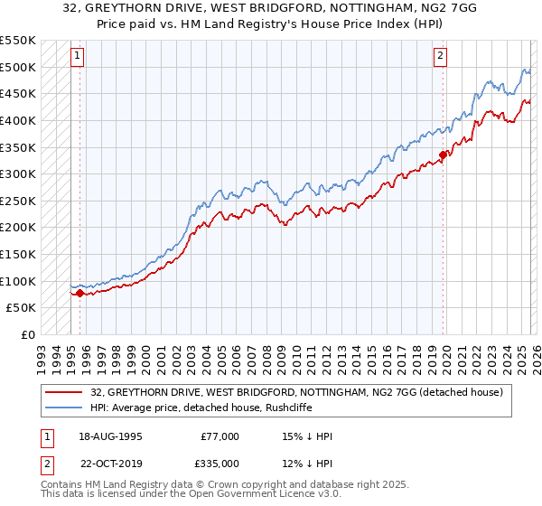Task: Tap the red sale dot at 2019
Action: pyautogui.click(x=443, y=155)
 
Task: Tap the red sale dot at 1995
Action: pyautogui.click(x=79, y=293)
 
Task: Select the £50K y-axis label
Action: pyautogui.click(x=22, y=307)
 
